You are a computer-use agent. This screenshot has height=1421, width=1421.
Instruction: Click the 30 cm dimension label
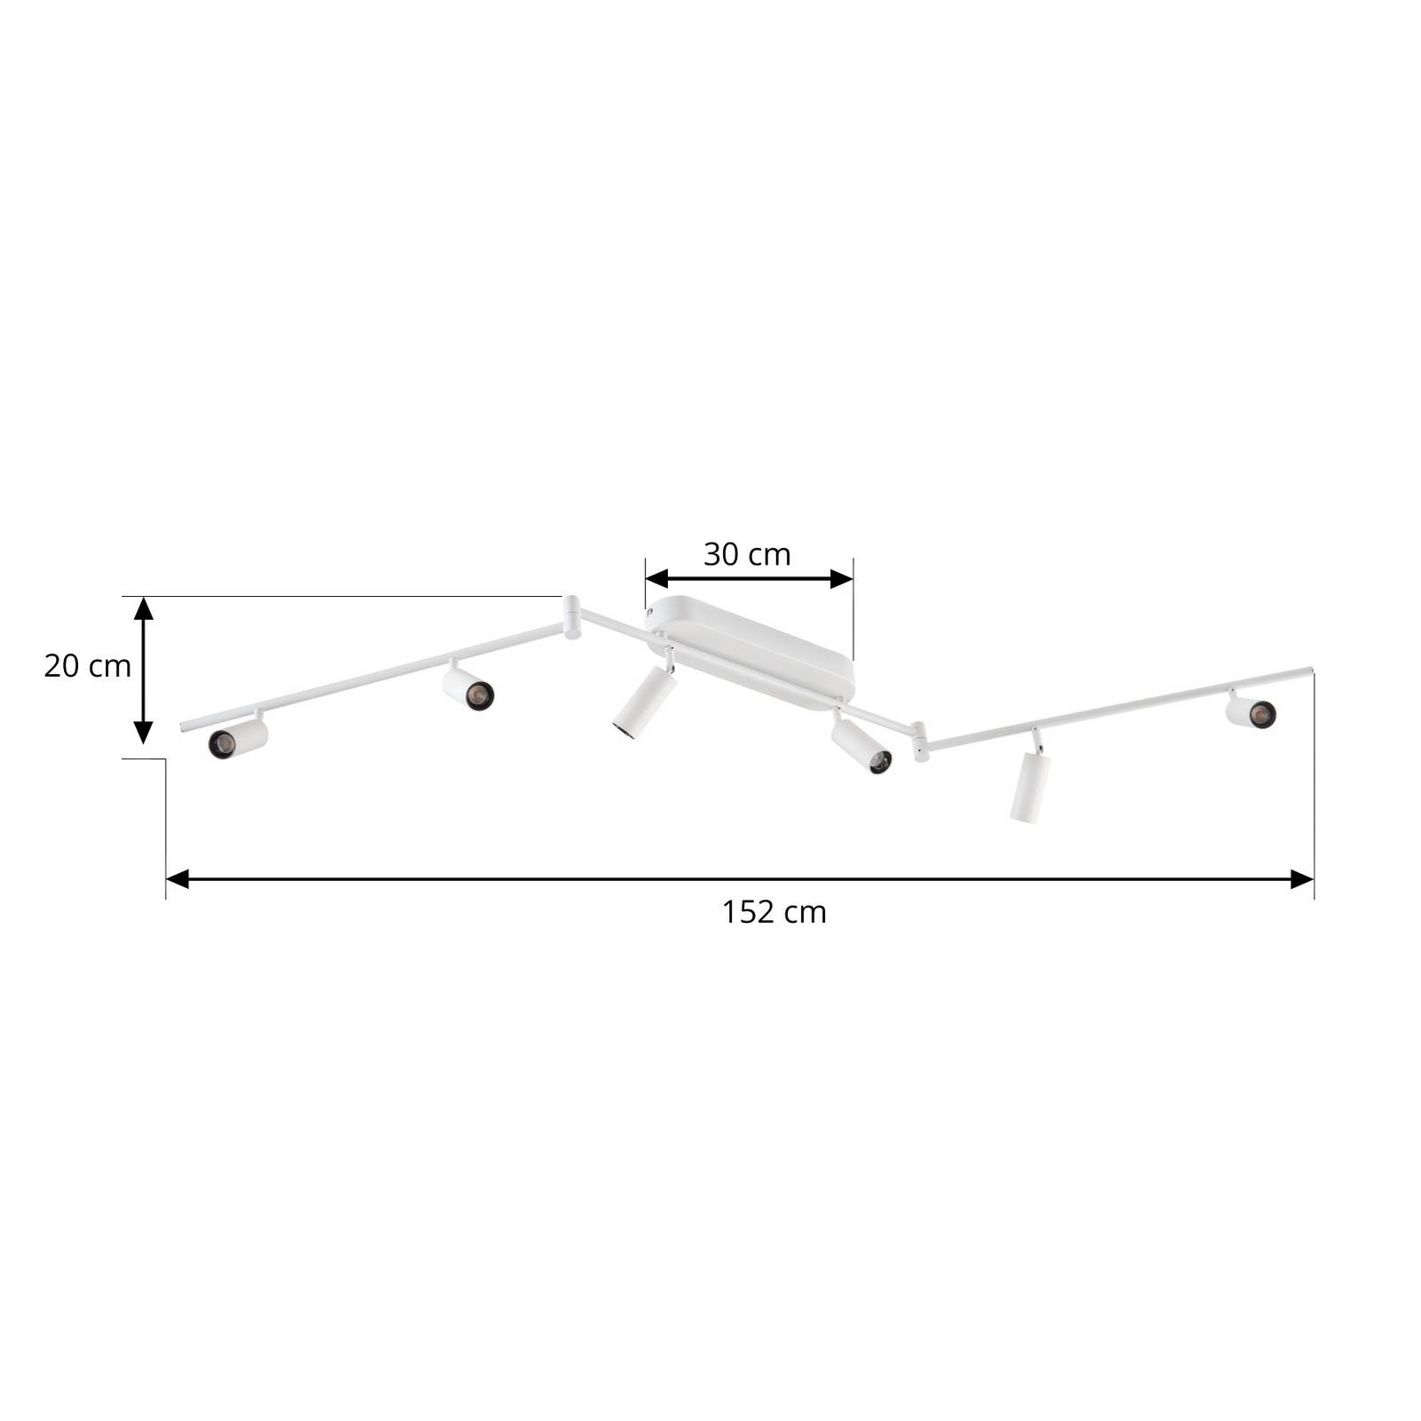coord(747,554)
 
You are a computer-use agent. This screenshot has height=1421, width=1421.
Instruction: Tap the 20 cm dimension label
coord(87,665)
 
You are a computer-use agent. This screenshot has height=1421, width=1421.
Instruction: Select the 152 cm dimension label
coord(774,912)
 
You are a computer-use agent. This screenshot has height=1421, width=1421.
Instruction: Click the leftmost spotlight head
coord(238,738)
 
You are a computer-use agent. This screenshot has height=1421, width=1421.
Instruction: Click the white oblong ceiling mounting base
coord(751,654)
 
